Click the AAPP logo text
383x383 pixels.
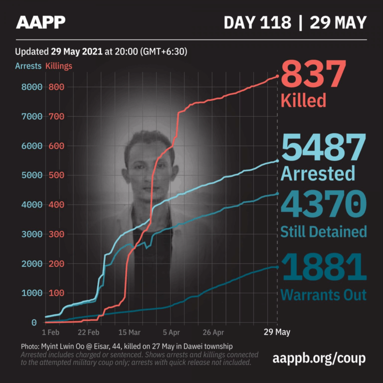coord(41,22)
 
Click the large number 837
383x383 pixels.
coord(313,75)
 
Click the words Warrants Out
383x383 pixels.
coord(323,294)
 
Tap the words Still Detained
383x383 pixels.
coord(324,231)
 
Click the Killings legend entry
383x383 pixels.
coord(59,66)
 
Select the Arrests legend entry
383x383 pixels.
coord(28,66)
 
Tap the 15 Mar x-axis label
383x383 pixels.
coord(129,332)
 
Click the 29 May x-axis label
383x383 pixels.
coord(277,332)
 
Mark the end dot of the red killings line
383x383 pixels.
coord(278,76)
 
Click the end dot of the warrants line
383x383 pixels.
coord(278,267)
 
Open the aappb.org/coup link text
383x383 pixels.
coord(320,358)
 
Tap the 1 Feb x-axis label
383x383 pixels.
coord(51,332)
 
